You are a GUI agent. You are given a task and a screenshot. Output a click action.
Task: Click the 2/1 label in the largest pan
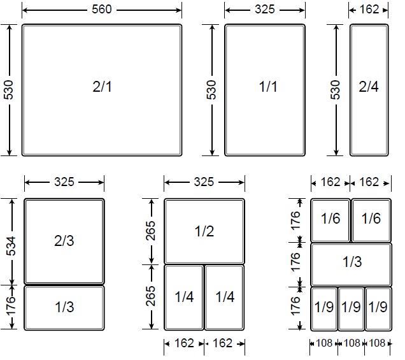click(102, 87)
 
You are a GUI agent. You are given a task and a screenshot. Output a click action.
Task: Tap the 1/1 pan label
click(268, 87)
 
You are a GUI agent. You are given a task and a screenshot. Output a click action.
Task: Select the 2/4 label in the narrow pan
click(369, 87)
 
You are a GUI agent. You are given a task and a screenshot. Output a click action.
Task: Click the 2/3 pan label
click(64, 241)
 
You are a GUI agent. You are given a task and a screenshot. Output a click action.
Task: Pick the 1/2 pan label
click(204, 231)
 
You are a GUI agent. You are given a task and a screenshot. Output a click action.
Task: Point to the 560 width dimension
click(102, 10)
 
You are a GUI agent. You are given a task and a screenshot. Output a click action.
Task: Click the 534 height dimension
click(11, 246)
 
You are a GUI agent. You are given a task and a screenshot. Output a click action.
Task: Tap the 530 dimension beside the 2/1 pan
click(8, 90)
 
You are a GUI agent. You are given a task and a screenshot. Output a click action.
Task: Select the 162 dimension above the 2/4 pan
click(369, 10)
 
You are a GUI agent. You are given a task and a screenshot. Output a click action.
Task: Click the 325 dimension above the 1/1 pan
click(265, 10)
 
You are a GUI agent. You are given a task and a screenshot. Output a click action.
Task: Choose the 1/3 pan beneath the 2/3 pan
click(64, 308)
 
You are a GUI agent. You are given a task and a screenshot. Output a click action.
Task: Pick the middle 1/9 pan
click(351, 309)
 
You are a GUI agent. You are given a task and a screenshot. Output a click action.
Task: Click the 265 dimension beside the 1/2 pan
click(150, 231)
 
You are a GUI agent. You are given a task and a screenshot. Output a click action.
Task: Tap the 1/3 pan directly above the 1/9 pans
click(352, 264)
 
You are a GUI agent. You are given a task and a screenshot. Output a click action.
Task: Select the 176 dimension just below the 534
click(11, 306)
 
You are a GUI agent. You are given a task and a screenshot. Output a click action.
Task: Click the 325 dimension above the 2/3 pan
click(64, 182)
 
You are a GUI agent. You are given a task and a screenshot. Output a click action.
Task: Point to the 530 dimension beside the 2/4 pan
click(335, 90)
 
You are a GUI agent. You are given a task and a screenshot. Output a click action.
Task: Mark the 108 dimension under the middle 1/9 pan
click(352, 343)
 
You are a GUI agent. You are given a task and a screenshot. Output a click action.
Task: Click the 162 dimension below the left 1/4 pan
click(184, 343)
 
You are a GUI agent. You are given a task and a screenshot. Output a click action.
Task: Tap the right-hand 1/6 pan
click(371, 220)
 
